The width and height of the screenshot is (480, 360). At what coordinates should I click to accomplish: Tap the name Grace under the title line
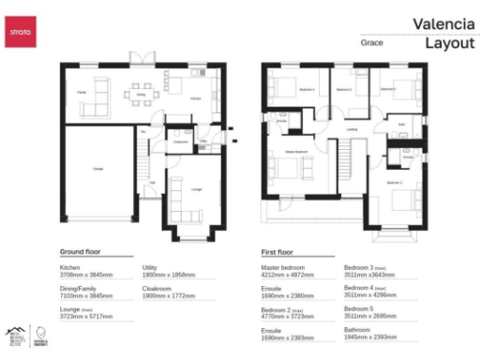tap(370, 43)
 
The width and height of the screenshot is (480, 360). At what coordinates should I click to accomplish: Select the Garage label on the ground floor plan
tap(97, 169)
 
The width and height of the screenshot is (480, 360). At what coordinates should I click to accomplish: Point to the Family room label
tap(82, 92)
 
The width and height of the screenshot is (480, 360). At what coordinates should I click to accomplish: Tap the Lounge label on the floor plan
tap(196, 190)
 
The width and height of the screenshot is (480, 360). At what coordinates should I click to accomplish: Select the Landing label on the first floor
tap(352, 129)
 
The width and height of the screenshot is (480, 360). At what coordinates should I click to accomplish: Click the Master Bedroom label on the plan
tap(296, 152)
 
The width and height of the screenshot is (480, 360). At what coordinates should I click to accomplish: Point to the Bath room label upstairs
tap(401, 124)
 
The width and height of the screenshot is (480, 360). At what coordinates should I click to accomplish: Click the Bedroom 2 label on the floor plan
tap(395, 182)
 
